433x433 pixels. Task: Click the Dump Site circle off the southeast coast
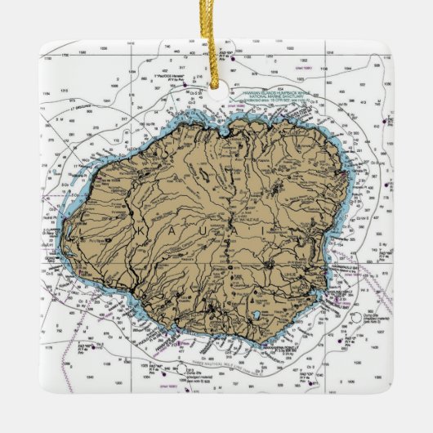click(x=356, y=319)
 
